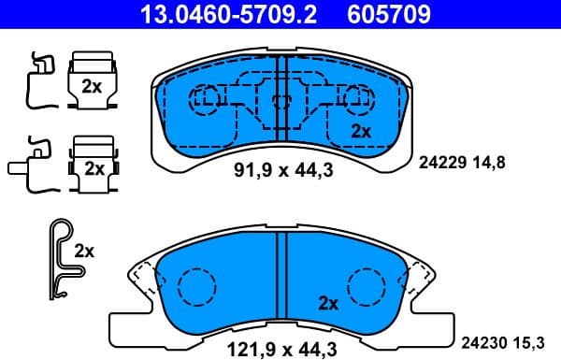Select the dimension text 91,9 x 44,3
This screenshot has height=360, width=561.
point(276,170)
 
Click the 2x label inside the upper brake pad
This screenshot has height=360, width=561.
point(360,132)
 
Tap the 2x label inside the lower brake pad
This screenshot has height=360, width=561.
point(327,303)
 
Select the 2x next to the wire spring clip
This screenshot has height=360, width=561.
point(84,251)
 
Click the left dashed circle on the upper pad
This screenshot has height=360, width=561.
point(204,96)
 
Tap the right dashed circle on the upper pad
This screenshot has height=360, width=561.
point(355,96)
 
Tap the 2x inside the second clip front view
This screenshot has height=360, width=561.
point(93,168)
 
